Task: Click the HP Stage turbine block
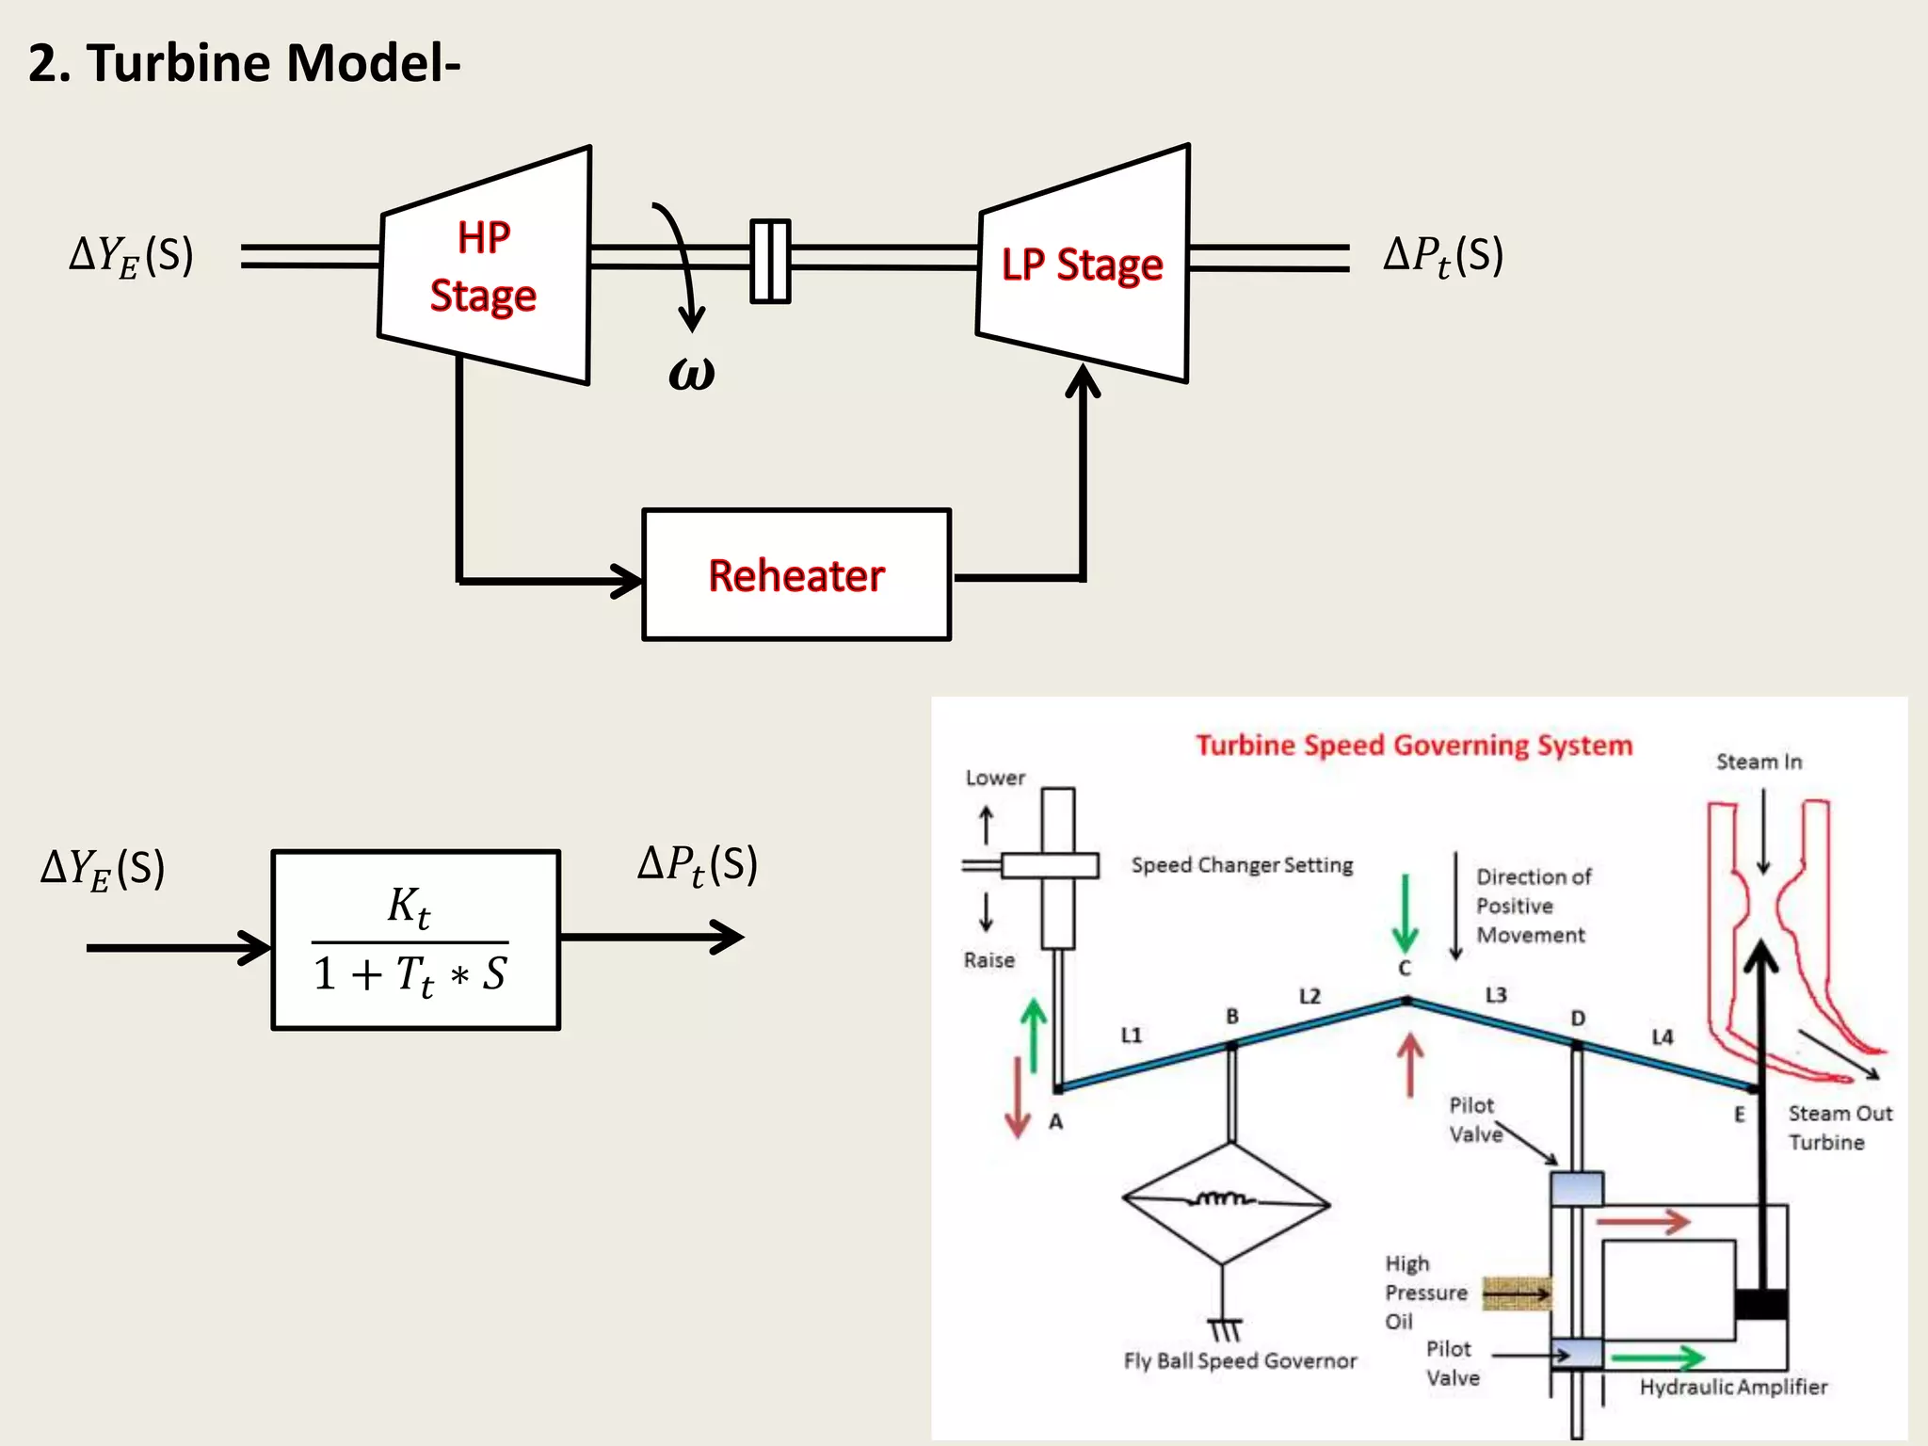click(x=485, y=266)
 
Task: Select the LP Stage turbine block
click(x=1083, y=265)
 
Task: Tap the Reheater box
click(x=796, y=575)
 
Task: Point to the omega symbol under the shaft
click(x=692, y=373)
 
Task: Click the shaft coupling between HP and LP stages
click(x=770, y=261)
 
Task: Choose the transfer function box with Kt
click(x=415, y=940)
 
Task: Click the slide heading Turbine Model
click(x=244, y=63)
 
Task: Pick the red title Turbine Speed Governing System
click(x=1413, y=746)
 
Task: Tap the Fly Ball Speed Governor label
click(x=1240, y=1361)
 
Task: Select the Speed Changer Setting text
click(x=1242, y=865)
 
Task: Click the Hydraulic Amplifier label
click(x=1733, y=1387)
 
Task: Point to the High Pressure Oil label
click(x=1424, y=1293)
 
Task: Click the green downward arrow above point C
click(x=1405, y=914)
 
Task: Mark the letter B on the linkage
click(x=1232, y=1017)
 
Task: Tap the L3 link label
click(x=1496, y=995)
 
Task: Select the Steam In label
click(x=1759, y=762)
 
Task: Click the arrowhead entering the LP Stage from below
click(x=1083, y=380)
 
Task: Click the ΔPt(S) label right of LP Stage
click(x=1443, y=256)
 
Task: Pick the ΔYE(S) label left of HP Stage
click(x=132, y=256)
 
